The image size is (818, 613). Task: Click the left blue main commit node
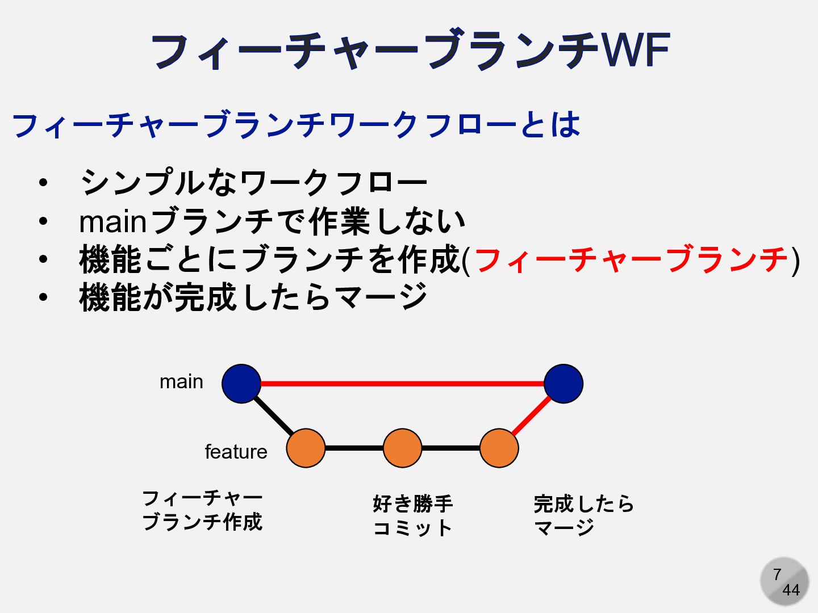pos(241,384)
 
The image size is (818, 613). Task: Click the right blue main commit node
pos(564,384)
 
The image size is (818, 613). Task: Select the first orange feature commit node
pos(306,448)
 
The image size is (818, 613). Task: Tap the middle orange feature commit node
pos(402,448)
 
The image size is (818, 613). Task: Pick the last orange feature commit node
pos(499,448)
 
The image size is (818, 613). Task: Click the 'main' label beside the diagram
pos(181,381)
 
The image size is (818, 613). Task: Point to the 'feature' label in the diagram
pos(236,452)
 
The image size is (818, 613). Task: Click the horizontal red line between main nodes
pos(402,384)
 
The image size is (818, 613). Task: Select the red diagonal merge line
pos(531,416)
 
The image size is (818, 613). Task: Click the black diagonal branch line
pos(274,416)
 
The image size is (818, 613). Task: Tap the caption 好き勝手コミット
pos(412,515)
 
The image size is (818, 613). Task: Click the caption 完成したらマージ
pos(583,515)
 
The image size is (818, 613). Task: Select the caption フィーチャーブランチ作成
pos(202,510)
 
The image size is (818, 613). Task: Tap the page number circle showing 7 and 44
pos(784,582)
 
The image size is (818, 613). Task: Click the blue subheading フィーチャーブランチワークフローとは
pos(295,125)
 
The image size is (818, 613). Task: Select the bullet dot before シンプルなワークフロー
pos(43,183)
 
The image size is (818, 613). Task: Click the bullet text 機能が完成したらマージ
pos(253,297)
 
